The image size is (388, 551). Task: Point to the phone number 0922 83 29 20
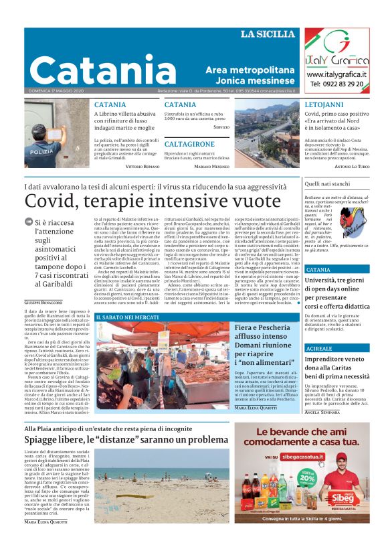(336, 84)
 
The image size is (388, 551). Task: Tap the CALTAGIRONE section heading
(189, 144)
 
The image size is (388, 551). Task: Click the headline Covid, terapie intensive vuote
(144, 200)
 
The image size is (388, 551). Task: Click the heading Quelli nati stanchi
(327, 183)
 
